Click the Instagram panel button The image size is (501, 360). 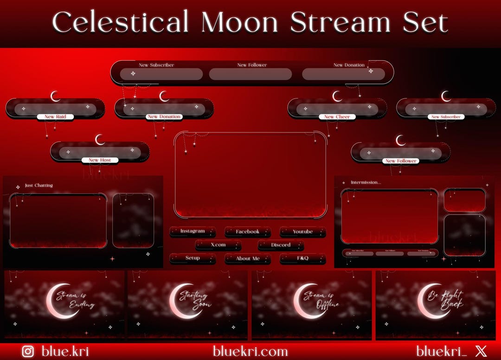[x=193, y=231]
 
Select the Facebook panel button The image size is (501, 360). [x=248, y=231]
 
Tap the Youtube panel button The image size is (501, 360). [x=302, y=231]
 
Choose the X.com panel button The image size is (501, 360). [x=218, y=245]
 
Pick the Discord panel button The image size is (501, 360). [x=281, y=245]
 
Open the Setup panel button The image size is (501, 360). [x=193, y=258]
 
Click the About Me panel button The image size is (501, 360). [x=248, y=259]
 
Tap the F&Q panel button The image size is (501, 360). [x=302, y=258]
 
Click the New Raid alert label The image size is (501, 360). [x=55, y=117]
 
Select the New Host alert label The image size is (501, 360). [x=100, y=160]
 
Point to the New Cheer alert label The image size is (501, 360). [x=337, y=117]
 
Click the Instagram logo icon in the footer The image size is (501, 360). [x=28, y=351]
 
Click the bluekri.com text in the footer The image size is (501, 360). [x=250, y=351]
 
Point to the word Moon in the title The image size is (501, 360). [x=239, y=22]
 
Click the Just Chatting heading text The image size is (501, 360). [x=39, y=186]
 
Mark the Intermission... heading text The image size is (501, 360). [x=366, y=182]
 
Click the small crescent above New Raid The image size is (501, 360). [x=55, y=96]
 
